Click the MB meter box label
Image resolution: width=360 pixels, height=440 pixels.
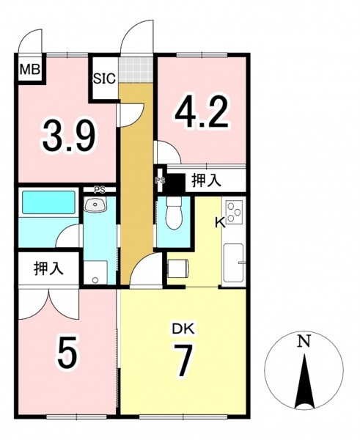click(30, 70)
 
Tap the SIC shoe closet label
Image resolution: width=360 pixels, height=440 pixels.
click(104, 78)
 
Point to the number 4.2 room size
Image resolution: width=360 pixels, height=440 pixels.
click(202, 111)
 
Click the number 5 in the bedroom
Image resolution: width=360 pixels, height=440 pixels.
click(67, 353)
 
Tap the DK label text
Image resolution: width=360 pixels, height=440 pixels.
click(183, 329)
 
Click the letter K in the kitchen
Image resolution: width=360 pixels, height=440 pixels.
click(220, 224)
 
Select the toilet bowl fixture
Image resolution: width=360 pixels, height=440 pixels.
click(174, 213)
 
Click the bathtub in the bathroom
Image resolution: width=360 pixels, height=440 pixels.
click(49, 202)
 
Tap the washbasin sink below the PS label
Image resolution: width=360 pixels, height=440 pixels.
click(95, 205)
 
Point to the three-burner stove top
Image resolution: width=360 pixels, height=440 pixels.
click(235, 212)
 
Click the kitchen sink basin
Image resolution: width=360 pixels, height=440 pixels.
click(233, 263)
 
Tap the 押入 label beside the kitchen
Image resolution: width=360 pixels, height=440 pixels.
click(206, 181)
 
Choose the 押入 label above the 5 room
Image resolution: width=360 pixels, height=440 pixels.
click(48, 268)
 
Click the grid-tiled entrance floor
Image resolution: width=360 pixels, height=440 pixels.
click(136, 70)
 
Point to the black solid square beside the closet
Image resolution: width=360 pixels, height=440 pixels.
click(175, 183)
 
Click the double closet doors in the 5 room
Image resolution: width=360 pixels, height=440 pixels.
click(49, 304)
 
